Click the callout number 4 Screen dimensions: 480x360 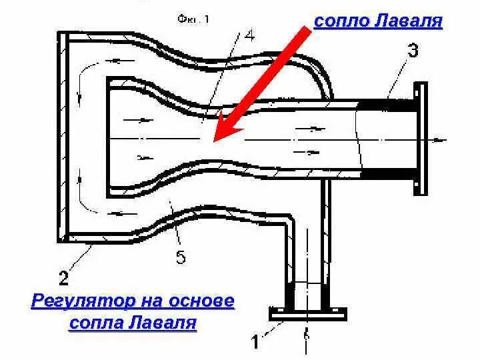tap(249, 37)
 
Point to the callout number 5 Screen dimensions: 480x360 tap(181, 257)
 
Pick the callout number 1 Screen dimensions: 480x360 tap(255, 342)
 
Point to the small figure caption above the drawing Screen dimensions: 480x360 tap(194, 19)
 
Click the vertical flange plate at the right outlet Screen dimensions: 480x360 tap(421, 139)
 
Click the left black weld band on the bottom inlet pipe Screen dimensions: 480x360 tap(291, 294)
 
